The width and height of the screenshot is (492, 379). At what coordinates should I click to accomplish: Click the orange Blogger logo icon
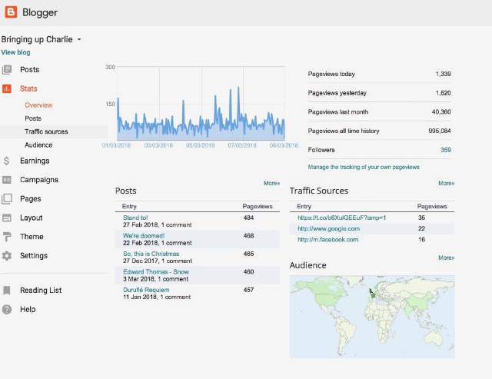(11, 12)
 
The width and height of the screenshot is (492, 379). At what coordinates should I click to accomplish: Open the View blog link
(15, 52)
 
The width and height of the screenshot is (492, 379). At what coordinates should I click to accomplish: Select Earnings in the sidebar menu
(35, 161)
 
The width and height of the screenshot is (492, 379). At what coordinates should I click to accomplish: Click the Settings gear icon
(7, 256)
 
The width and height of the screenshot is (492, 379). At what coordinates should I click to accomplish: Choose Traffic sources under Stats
(46, 131)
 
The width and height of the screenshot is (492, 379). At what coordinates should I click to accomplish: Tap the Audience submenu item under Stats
(38, 145)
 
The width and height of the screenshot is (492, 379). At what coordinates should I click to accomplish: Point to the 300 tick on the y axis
(110, 67)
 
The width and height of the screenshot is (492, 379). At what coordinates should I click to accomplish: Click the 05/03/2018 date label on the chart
(200, 145)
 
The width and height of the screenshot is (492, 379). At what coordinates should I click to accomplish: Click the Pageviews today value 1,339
(443, 74)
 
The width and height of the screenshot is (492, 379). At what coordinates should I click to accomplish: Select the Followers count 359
(446, 150)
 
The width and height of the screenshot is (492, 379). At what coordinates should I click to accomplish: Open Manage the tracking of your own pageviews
(364, 167)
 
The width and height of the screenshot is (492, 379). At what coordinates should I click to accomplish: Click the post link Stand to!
(135, 218)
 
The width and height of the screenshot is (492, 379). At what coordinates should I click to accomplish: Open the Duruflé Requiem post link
(146, 290)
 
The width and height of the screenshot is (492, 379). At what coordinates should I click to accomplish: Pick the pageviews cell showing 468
(248, 235)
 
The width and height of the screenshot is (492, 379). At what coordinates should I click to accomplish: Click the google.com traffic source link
(328, 229)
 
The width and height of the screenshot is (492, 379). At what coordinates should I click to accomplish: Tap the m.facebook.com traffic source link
(328, 240)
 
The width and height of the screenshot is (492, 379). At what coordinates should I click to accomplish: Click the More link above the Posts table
(271, 183)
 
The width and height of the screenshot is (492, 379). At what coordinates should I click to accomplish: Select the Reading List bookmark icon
(7, 291)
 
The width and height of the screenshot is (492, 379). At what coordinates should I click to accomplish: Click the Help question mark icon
(7, 309)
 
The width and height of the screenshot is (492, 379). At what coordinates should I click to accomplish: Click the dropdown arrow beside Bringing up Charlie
(79, 39)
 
